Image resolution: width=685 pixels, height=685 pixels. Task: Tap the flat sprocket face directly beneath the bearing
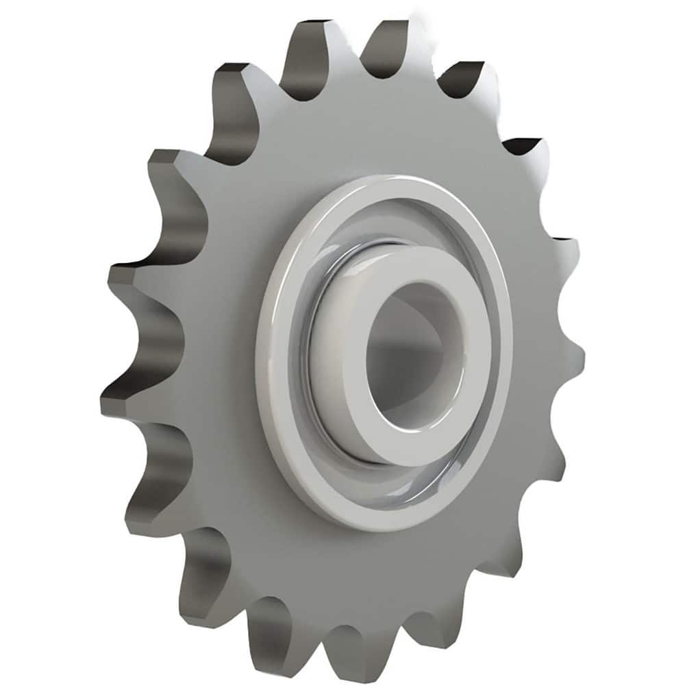384,575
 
